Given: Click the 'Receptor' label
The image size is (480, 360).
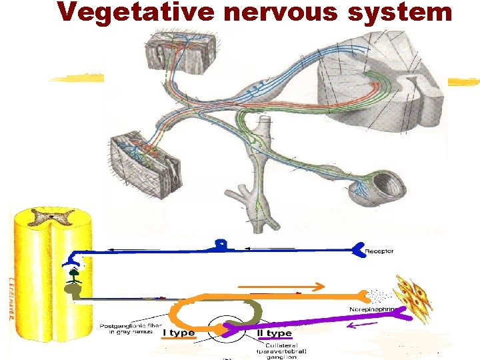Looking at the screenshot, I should tap(379, 251).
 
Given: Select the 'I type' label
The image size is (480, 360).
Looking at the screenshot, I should tap(179, 332).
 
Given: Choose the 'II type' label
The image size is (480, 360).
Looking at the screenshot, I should tap(275, 332).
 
